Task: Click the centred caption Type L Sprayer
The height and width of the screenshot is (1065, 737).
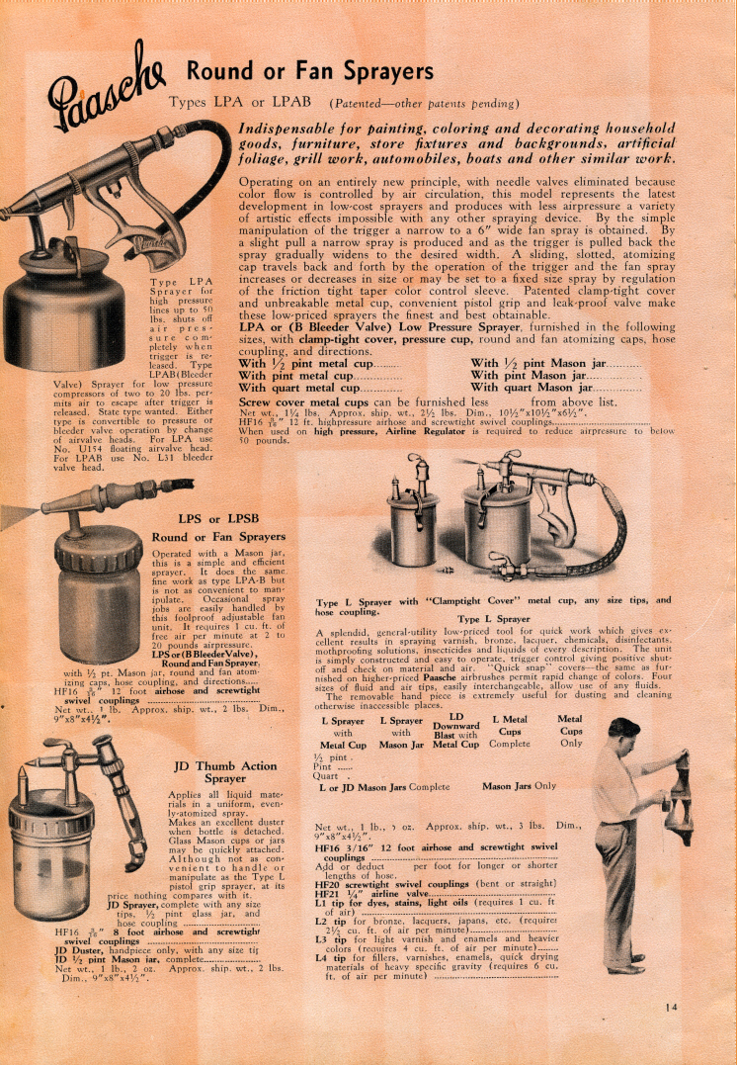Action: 494,618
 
